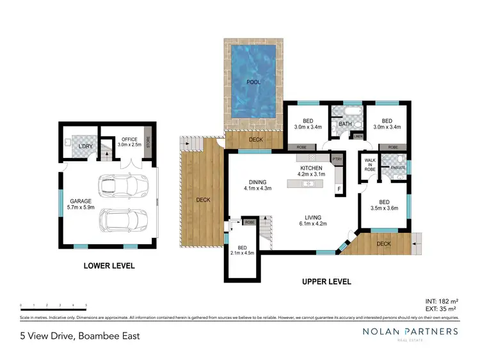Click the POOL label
click(253, 82)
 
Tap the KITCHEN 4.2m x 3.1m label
click(312, 171)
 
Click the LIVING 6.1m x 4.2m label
click(313, 220)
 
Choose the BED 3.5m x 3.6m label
click(384, 205)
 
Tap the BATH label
click(346, 124)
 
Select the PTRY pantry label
click(337, 159)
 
